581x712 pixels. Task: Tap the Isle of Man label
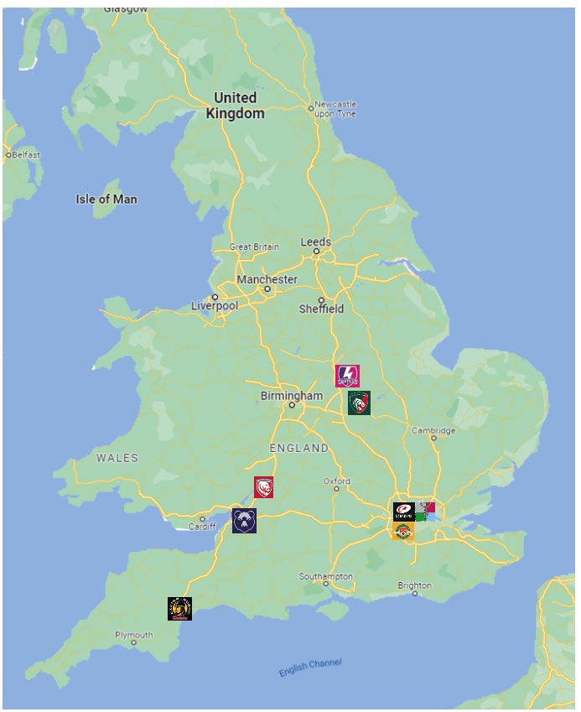click(106, 200)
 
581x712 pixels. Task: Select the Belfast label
click(24, 155)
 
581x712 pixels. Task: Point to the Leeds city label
click(316, 242)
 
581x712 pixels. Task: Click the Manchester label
click(267, 279)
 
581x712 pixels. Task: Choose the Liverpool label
click(215, 306)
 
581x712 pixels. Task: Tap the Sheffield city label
click(322, 309)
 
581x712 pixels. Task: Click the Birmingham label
click(291, 396)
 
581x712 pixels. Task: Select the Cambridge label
click(433, 431)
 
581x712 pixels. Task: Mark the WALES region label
click(117, 458)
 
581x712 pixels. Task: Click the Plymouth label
click(134, 636)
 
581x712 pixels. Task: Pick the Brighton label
click(415, 585)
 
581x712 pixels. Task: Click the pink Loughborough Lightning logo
click(347, 376)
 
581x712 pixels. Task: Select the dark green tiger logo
click(359, 403)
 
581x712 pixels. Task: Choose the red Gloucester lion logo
click(264, 487)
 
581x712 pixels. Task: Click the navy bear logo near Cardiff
click(244, 520)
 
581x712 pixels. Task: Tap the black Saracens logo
click(403, 512)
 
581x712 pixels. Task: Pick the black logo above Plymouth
click(179, 609)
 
